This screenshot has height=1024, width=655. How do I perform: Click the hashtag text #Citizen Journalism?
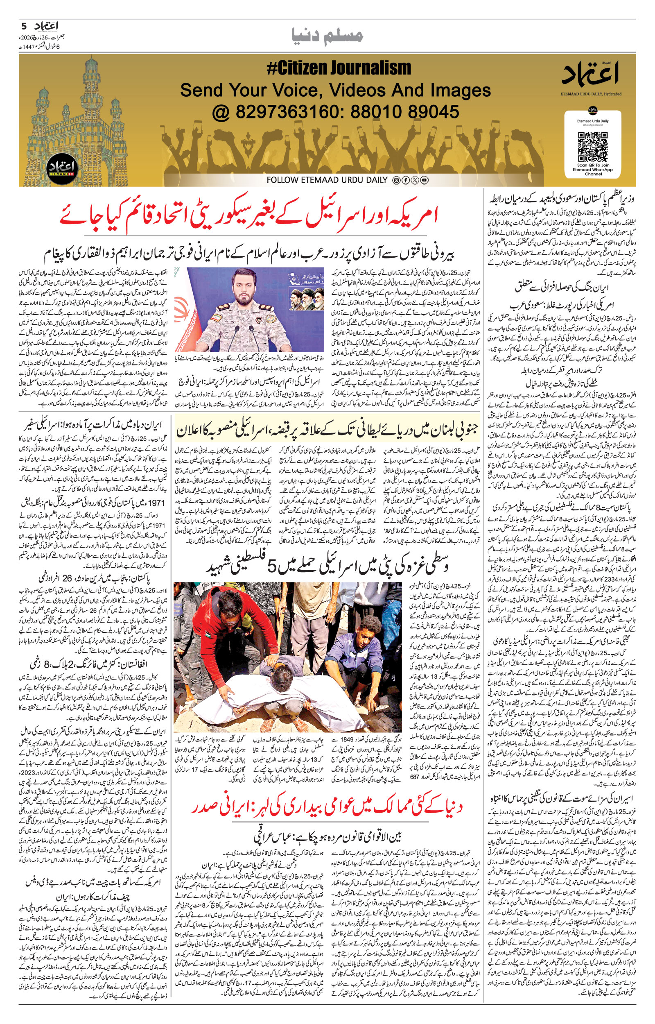tap(339, 68)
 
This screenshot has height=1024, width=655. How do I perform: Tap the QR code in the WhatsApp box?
tap(592, 145)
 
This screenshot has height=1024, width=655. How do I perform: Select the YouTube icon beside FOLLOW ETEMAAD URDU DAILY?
tap(425, 180)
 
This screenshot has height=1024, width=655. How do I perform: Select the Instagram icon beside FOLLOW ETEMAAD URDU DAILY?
tap(396, 180)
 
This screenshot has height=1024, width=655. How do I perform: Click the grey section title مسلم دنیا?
tap(327, 36)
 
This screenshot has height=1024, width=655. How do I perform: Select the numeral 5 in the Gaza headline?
tap(273, 565)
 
